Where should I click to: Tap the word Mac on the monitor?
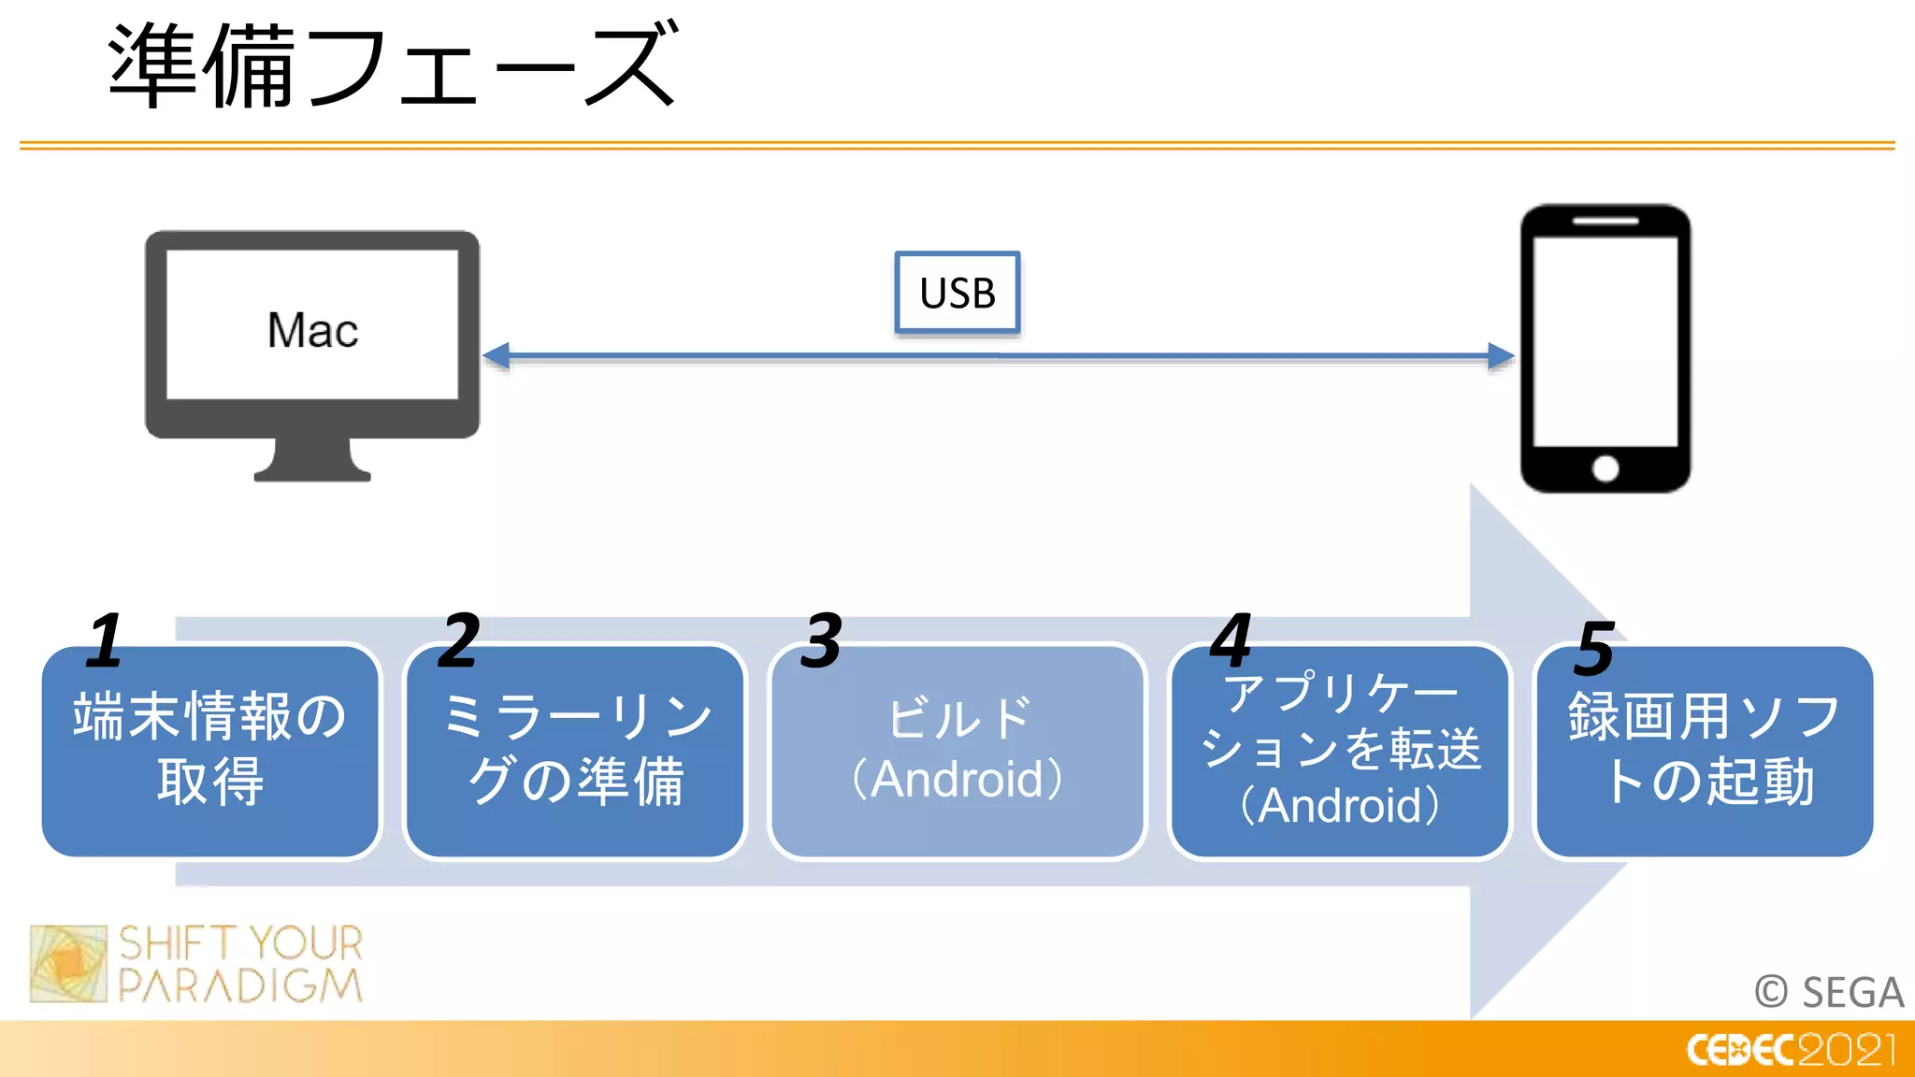(312, 330)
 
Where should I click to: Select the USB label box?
(957, 293)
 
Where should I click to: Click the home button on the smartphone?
(1605, 468)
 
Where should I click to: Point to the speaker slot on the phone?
(1605, 222)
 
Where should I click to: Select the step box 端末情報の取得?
(210, 751)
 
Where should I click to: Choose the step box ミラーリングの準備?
(575, 751)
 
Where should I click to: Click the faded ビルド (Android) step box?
(957, 751)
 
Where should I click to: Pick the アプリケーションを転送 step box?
(1340, 751)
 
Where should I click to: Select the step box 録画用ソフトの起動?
(1704, 751)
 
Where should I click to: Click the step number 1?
(105, 640)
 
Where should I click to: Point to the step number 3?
(822, 640)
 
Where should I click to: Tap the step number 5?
(1594, 648)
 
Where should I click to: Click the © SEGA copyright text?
(1829, 992)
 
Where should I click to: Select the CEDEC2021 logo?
(1791, 1050)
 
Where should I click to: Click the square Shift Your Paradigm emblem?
(68, 964)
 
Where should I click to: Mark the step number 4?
(1231, 640)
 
